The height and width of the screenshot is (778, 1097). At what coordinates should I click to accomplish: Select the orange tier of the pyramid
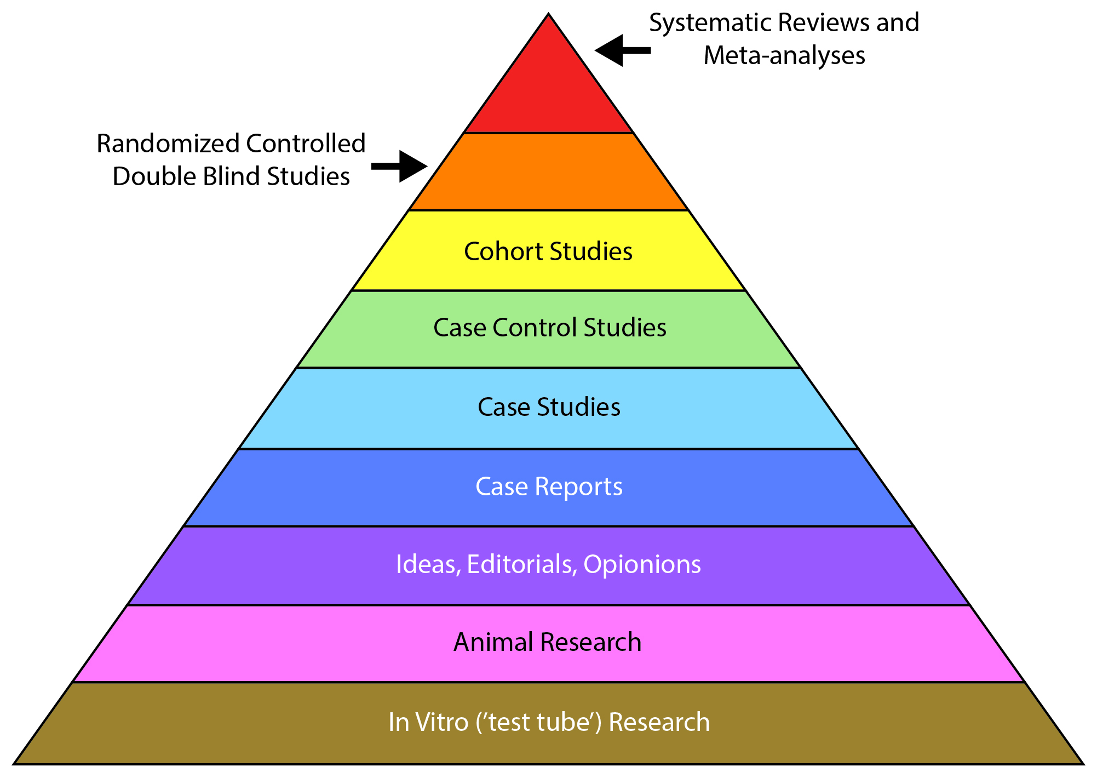(548, 172)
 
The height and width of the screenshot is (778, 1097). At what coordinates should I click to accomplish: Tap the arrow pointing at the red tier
(622, 50)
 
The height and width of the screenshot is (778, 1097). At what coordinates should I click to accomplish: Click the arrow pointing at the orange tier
(400, 166)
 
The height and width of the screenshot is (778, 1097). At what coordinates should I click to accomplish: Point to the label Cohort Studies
(548, 251)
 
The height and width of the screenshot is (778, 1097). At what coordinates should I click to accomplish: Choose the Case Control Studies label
(550, 328)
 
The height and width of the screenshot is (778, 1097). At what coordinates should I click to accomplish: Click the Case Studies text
(549, 407)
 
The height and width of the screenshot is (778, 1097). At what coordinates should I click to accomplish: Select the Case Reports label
(549, 487)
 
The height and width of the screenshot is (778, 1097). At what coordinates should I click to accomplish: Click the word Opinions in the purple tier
(642, 564)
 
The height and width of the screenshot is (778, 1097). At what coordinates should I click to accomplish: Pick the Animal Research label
(548, 642)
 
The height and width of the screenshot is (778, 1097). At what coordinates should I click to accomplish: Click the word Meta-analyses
(784, 56)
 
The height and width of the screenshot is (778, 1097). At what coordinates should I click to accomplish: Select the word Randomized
(168, 144)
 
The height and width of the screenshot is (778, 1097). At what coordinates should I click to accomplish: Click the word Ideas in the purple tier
(428, 564)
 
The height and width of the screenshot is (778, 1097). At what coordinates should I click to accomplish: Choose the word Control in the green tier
(535, 328)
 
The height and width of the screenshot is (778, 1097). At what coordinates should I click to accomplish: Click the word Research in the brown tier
(659, 722)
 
